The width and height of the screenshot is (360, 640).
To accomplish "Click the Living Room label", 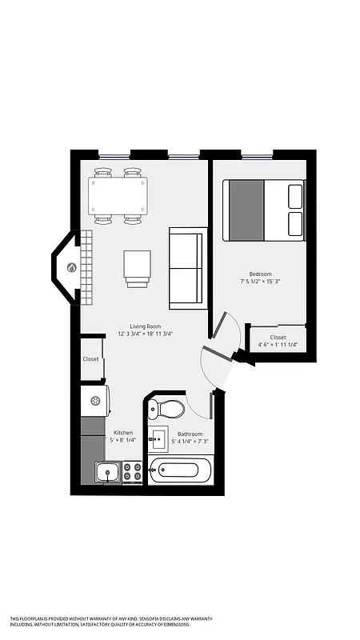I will (x=146, y=326).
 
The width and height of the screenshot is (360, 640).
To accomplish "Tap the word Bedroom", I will (x=261, y=274).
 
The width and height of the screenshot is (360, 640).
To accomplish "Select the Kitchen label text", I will (x=122, y=433).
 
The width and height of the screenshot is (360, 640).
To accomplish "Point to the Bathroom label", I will (x=190, y=434).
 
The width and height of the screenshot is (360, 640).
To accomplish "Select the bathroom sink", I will (x=158, y=439).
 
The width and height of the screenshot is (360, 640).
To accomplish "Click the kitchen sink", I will (x=108, y=473).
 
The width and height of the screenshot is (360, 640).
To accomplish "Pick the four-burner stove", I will (x=133, y=472).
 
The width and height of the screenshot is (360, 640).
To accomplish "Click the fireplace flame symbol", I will (x=72, y=268).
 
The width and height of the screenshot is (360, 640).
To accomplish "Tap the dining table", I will (x=118, y=195).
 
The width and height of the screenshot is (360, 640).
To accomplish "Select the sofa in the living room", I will (x=188, y=268).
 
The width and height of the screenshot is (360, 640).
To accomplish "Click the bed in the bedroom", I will (x=264, y=210).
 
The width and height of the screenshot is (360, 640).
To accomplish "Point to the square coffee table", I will (x=137, y=266).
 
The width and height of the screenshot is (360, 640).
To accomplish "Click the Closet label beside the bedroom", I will (x=278, y=338).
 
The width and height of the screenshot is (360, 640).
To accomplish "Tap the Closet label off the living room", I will (x=91, y=359).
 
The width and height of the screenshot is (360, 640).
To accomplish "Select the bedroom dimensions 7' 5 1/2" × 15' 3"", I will (x=261, y=282).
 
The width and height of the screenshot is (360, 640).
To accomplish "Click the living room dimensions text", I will (x=146, y=334).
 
